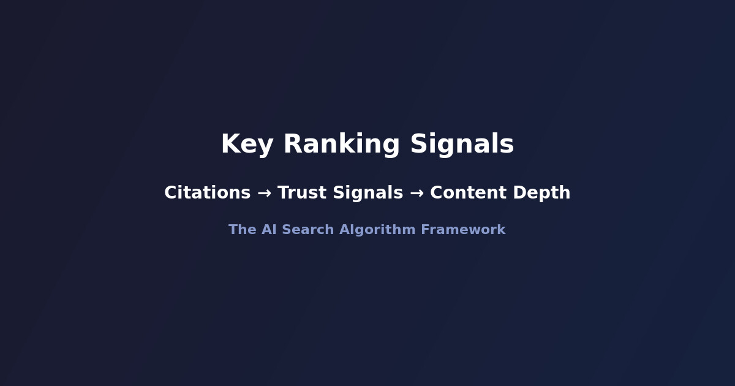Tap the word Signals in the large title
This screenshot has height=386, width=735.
462,145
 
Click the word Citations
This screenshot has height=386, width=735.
207,192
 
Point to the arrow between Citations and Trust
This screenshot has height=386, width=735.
264,193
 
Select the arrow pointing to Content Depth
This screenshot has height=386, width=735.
417,193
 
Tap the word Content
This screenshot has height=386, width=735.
469,192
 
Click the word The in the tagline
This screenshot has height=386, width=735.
242,230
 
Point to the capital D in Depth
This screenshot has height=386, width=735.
519,192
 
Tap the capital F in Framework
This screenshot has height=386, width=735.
424,230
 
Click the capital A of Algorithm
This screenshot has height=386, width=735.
344,230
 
